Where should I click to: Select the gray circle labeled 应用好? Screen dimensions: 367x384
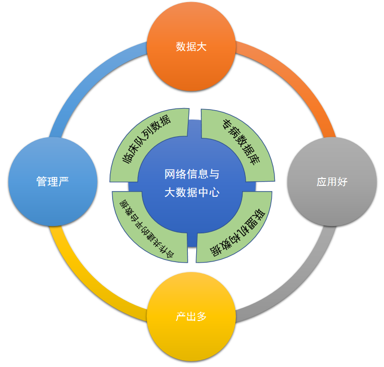tap(332, 182)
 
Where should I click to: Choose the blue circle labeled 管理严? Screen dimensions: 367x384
tap(53, 182)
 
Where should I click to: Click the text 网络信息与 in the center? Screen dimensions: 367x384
tap(191, 173)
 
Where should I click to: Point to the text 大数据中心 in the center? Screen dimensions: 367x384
tap(191, 192)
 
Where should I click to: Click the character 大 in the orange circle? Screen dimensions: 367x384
tap(202, 47)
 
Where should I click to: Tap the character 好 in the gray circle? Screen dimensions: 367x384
tap(342, 182)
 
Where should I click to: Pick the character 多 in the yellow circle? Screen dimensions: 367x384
tap(202, 317)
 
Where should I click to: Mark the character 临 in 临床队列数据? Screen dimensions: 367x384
tap(126, 160)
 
